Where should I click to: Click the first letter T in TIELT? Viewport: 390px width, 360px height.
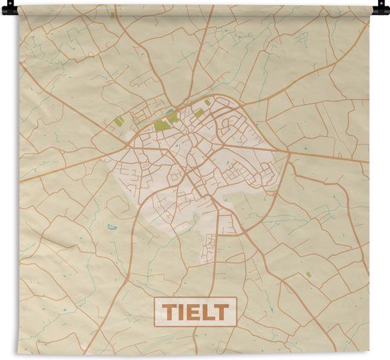[x=169, y=311]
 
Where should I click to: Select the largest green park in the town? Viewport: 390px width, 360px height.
[x=162, y=124]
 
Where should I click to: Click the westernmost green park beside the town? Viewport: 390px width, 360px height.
[x=119, y=122]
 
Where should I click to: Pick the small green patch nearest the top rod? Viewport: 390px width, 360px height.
[x=112, y=13]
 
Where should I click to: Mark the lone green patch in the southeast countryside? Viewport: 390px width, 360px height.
[x=308, y=274]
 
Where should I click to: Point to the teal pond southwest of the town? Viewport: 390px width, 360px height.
[x=112, y=227]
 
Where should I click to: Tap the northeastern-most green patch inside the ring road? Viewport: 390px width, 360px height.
[x=207, y=102]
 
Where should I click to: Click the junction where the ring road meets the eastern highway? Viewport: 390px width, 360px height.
[x=288, y=152]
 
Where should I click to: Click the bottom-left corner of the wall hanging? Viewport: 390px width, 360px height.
[x=19, y=353]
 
